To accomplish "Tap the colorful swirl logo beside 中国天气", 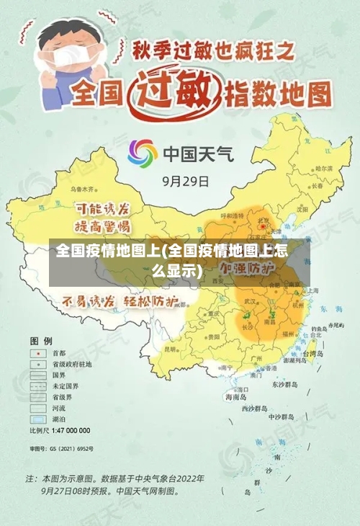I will coord(143,153).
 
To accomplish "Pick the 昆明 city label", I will coord(172,349).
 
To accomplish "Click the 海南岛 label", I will coord(236,396).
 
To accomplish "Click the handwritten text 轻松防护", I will coord(150,300).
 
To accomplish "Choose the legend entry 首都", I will coord(58,353).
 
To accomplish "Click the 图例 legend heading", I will coord(40,339).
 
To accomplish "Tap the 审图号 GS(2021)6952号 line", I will coord(61,449).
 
